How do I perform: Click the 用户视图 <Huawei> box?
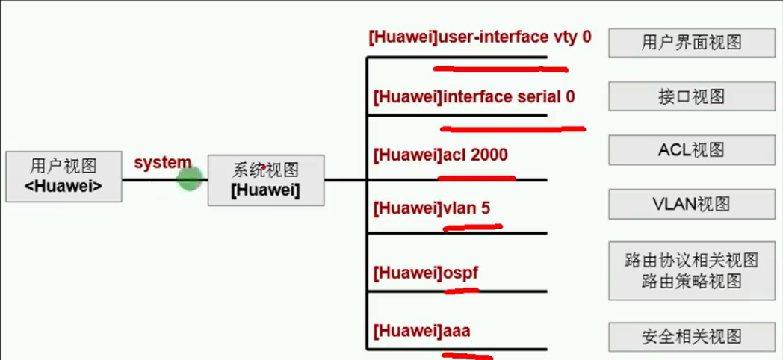pyautogui.click(x=64, y=176)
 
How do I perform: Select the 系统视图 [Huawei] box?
pyautogui.click(x=265, y=180)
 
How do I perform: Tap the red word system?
pyautogui.click(x=162, y=163)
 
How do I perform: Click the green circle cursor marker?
pyautogui.click(x=190, y=179)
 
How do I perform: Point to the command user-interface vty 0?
pyautogui.click(x=480, y=37)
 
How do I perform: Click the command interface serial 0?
pyautogui.click(x=474, y=97)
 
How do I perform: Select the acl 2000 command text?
pyautogui.click(x=440, y=155)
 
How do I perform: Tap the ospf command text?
pyautogui.click(x=425, y=273)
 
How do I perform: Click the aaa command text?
pyautogui.click(x=421, y=330)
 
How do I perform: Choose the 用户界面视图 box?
pyautogui.click(x=690, y=42)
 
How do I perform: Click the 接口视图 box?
pyautogui.click(x=690, y=97)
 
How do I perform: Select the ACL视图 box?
pyautogui.click(x=690, y=150)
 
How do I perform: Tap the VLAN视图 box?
pyautogui.click(x=690, y=204)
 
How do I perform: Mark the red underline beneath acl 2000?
pyautogui.click(x=476, y=179)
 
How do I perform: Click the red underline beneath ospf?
pyautogui.click(x=461, y=290)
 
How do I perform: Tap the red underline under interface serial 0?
pyautogui.click(x=511, y=128)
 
